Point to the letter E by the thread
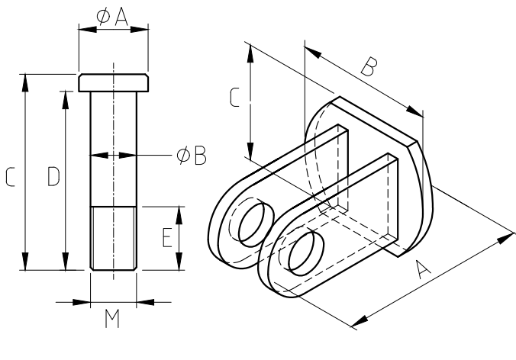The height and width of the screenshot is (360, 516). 166,239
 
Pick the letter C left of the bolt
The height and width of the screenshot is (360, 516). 11,178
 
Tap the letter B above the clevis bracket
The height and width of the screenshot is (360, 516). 368,69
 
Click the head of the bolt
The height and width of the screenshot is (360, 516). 114,82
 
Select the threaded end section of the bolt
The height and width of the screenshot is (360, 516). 114,237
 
